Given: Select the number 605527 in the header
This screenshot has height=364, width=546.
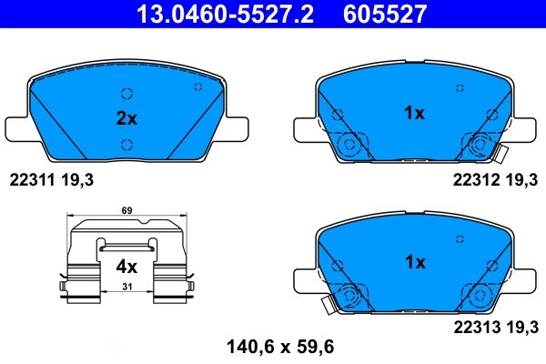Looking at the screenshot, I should (385, 14).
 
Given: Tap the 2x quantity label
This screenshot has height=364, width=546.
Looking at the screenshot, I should (126, 118).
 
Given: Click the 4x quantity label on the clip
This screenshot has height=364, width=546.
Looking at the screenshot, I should (126, 268).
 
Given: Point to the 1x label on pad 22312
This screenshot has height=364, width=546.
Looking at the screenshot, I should (414, 113).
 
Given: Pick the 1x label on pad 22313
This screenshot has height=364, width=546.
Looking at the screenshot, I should (414, 262).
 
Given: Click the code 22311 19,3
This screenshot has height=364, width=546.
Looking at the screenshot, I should (51, 181).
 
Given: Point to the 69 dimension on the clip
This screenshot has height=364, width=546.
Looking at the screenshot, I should (126, 211).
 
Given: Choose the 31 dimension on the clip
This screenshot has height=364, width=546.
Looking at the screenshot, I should (126, 288).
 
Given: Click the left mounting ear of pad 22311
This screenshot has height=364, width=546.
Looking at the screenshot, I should (18, 126).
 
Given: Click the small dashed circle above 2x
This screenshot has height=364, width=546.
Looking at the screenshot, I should (126, 92).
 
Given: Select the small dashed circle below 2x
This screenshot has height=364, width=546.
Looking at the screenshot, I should (126, 142).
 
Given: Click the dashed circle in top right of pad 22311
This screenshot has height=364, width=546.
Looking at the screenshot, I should (198, 86).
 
